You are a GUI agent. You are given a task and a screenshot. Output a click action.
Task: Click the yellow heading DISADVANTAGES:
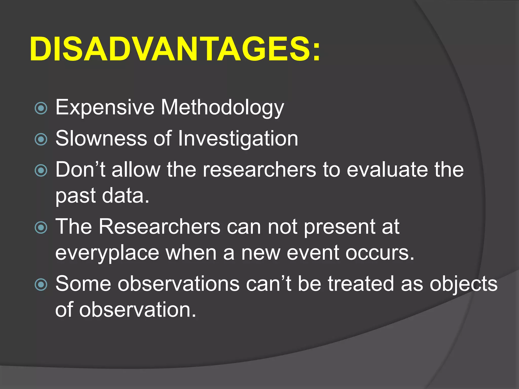[175, 49]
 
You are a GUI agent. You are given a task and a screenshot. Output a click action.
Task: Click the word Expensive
[105, 107]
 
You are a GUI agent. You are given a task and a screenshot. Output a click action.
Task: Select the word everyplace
[107, 253]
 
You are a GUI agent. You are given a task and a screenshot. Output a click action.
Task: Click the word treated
[361, 283]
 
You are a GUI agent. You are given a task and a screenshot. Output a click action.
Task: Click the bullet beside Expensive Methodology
[41, 108]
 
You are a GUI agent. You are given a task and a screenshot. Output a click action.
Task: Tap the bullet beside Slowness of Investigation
[41, 140]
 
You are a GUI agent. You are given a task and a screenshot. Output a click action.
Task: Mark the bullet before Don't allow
[41, 170]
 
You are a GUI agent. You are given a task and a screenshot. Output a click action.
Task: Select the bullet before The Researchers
[41, 227]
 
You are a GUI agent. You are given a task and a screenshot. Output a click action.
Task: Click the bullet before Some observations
[41, 284]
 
